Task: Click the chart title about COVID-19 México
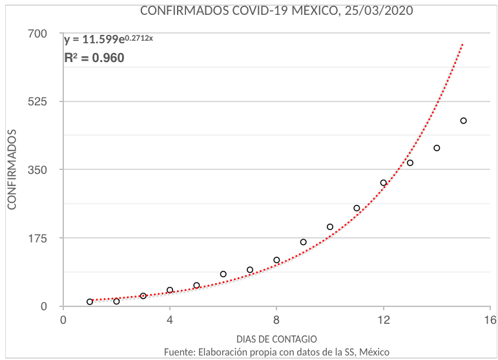[x=276, y=11]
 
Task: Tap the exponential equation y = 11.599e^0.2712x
[x=109, y=39]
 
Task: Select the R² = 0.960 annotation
[x=94, y=58]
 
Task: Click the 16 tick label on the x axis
[x=490, y=320]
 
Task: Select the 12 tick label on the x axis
[x=383, y=320]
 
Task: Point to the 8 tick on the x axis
[x=276, y=320]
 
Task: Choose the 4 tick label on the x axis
[x=170, y=320]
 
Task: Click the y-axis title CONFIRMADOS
[x=12, y=169]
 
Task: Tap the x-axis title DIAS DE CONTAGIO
[x=276, y=339]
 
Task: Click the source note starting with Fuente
[x=276, y=352]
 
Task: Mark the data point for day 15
[x=463, y=121]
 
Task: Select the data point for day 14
[x=437, y=148]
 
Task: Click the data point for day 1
[x=90, y=302]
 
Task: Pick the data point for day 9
[x=303, y=242]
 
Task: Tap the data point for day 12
[x=383, y=183]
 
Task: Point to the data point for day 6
[x=223, y=274]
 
